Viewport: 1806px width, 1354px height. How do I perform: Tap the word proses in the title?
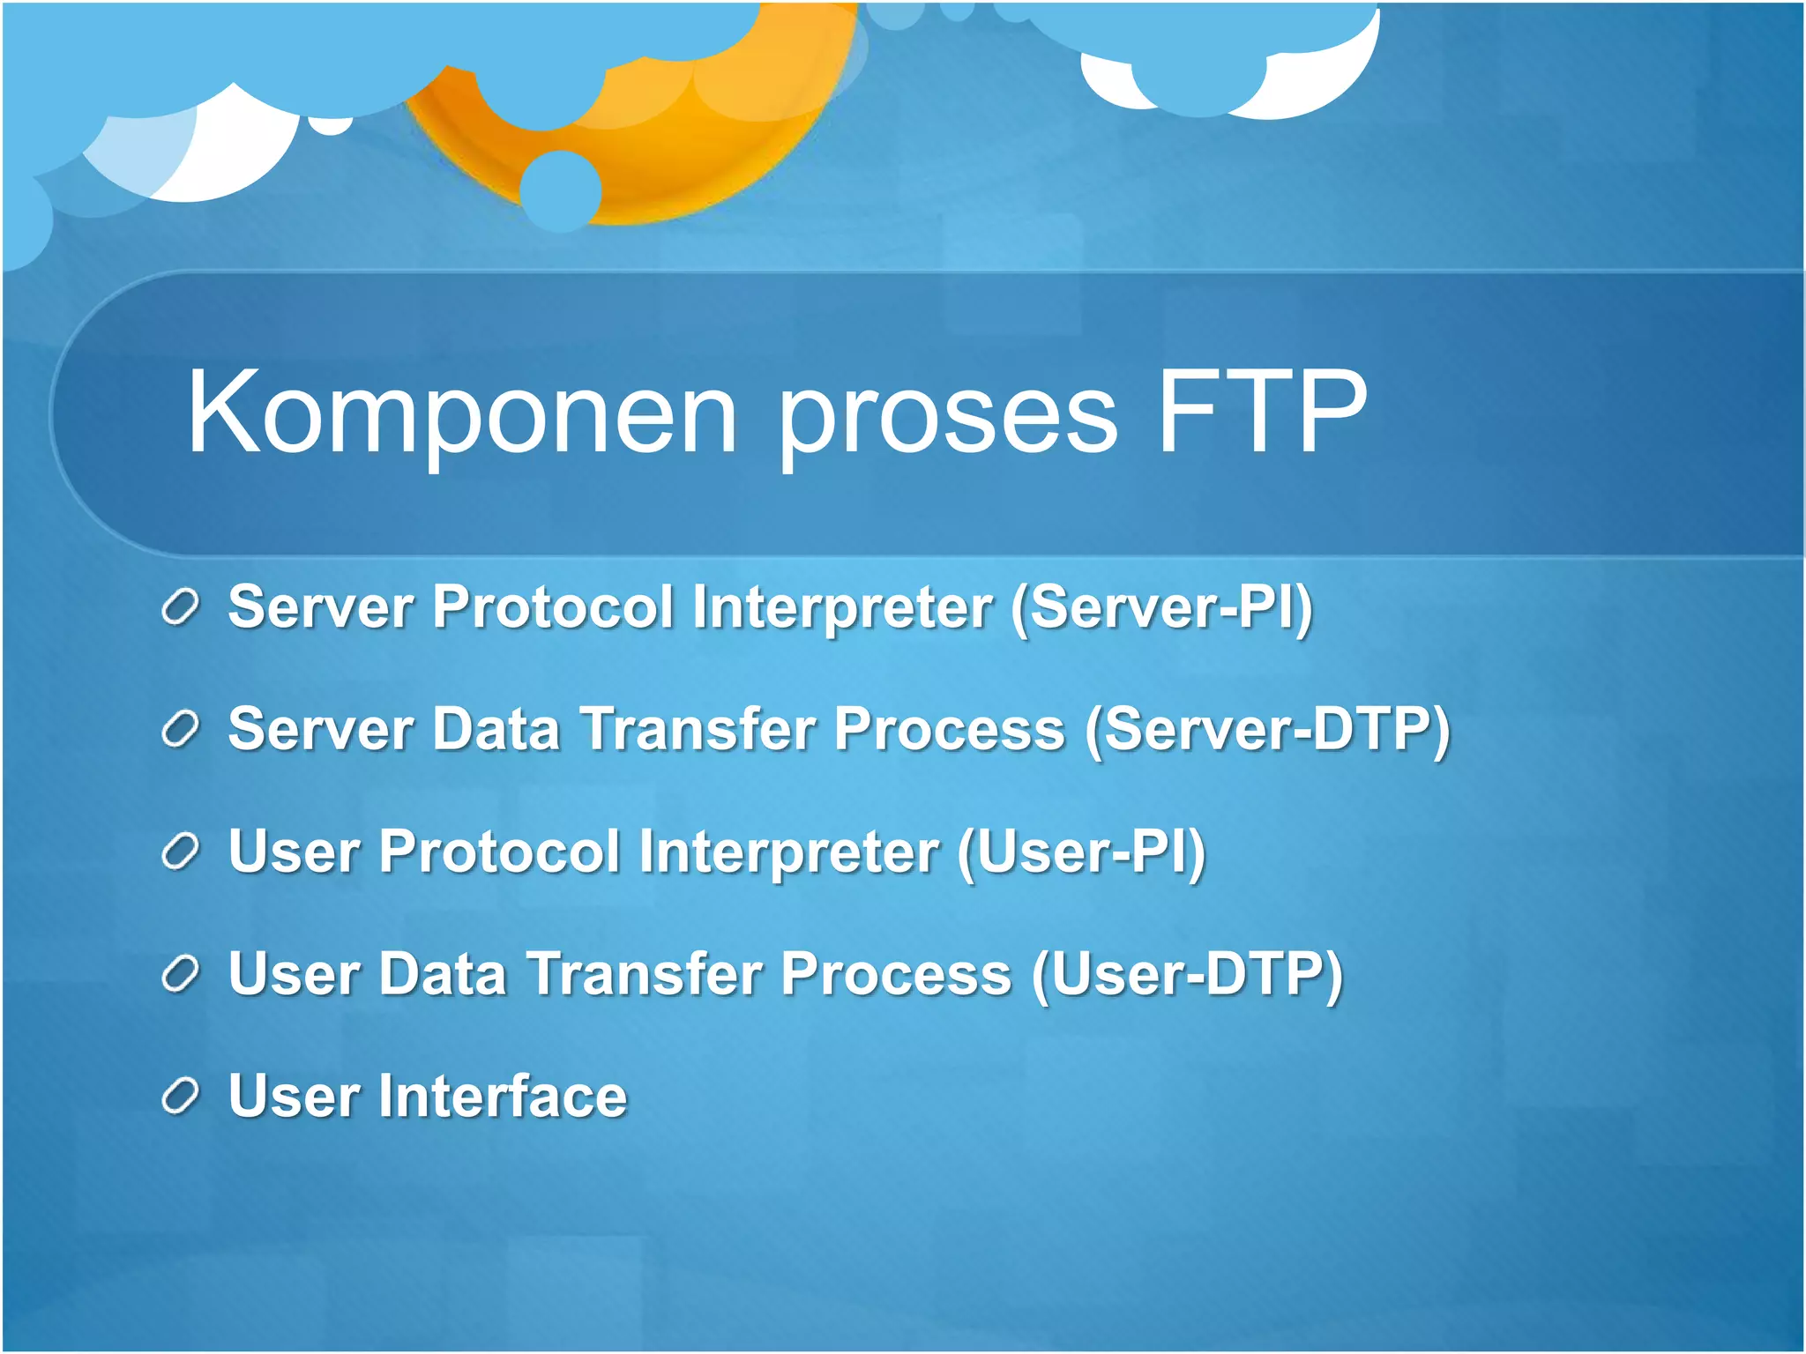point(948,414)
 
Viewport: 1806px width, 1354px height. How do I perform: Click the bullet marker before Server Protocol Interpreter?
point(181,607)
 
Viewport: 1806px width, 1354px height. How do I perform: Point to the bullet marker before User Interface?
point(181,1097)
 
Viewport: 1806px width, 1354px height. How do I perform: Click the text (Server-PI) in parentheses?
point(1161,607)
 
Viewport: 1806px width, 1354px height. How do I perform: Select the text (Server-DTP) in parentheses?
point(1267,730)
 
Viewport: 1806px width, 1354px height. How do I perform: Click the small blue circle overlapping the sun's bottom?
point(560,190)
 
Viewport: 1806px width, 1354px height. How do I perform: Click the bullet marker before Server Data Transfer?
point(181,730)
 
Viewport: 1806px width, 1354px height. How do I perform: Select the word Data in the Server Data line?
point(496,729)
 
